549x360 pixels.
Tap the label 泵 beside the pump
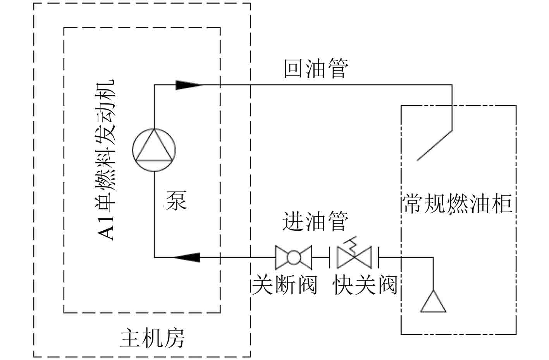[x=176, y=201]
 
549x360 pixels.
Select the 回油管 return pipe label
[x=316, y=69]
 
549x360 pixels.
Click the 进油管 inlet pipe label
[x=315, y=221]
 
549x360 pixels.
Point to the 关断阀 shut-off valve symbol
[x=293, y=257]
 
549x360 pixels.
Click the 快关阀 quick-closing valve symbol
[x=354, y=257]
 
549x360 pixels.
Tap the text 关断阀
[x=285, y=285]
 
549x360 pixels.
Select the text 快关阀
[x=365, y=285]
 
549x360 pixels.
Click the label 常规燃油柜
[x=458, y=204]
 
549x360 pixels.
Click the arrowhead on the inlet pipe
[x=188, y=257]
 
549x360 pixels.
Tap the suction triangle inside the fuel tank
[x=433, y=302]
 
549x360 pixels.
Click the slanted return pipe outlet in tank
[x=435, y=145]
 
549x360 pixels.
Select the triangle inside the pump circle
[x=154, y=147]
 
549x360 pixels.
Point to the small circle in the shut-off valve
[x=293, y=257]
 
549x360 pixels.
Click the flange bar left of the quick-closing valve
[x=330, y=257]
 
